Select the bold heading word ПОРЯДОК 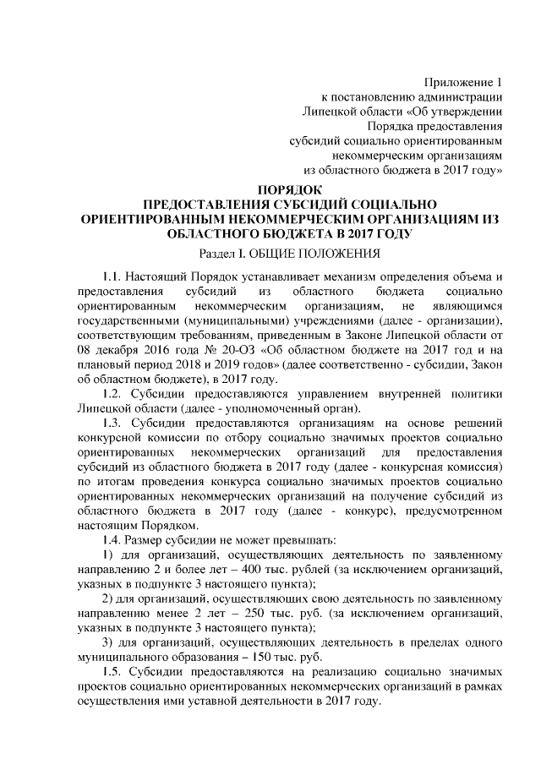tap(291, 189)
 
